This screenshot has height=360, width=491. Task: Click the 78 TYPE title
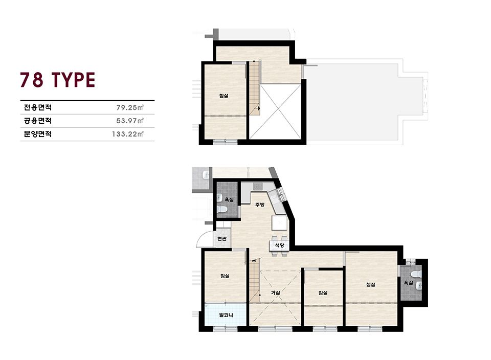(58, 80)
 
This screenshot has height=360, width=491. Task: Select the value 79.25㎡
(130, 108)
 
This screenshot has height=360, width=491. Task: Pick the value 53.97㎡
(130, 121)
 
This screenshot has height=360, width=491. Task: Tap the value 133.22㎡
(128, 134)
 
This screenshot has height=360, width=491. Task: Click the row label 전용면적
(38, 108)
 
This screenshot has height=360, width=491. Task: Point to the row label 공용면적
(38, 121)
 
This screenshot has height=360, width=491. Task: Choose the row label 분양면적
(38, 134)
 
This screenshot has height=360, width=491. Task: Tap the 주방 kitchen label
(260, 205)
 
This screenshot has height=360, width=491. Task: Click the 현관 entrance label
(222, 239)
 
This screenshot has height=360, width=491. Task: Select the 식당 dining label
(279, 245)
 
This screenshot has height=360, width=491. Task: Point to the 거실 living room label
(275, 292)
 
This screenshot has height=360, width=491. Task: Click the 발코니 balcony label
(226, 315)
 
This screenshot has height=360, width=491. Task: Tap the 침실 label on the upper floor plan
(224, 96)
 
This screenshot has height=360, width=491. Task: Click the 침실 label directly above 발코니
(225, 276)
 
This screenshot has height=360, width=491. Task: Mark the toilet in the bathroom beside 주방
(221, 210)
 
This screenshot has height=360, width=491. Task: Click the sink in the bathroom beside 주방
(219, 197)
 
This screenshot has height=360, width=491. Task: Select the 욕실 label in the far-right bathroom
(408, 283)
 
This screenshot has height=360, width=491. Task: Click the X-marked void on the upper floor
(276, 111)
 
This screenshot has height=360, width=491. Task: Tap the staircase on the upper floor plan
(255, 88)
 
